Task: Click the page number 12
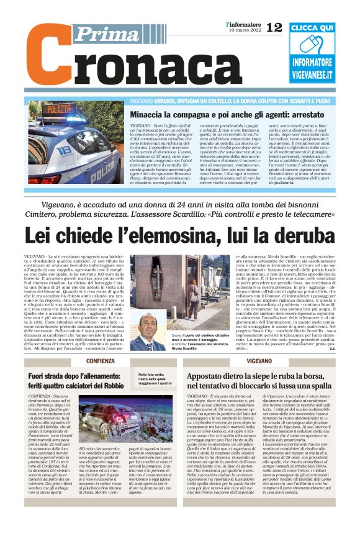(x=274, y=27)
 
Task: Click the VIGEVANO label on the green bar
(x=259, y=361)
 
